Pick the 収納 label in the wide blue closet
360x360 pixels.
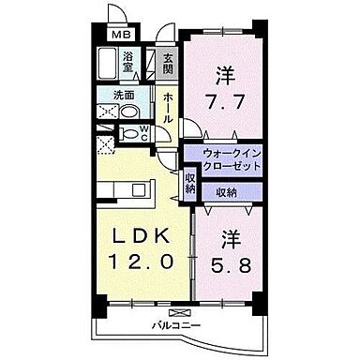226,193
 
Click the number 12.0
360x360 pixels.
142,263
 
